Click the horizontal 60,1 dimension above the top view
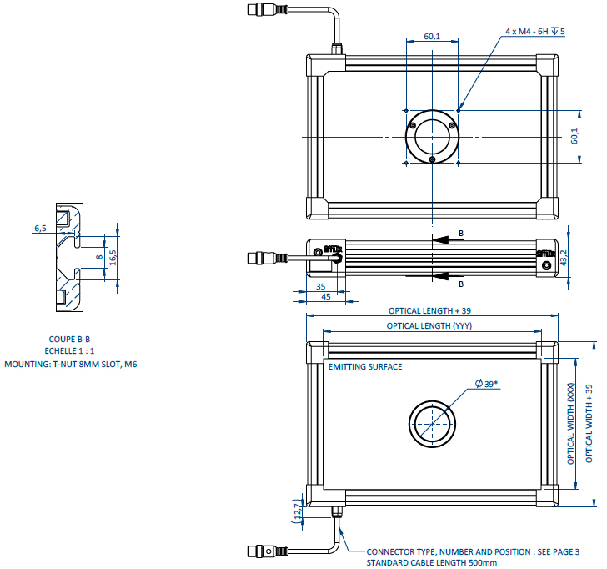(432, 37)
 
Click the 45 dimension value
(326, 296)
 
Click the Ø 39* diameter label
(489, 383)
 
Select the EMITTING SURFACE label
(365, 367)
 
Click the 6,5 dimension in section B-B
(40, 228)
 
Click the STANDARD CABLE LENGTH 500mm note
(431, 563)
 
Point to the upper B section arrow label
(461, 234)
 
